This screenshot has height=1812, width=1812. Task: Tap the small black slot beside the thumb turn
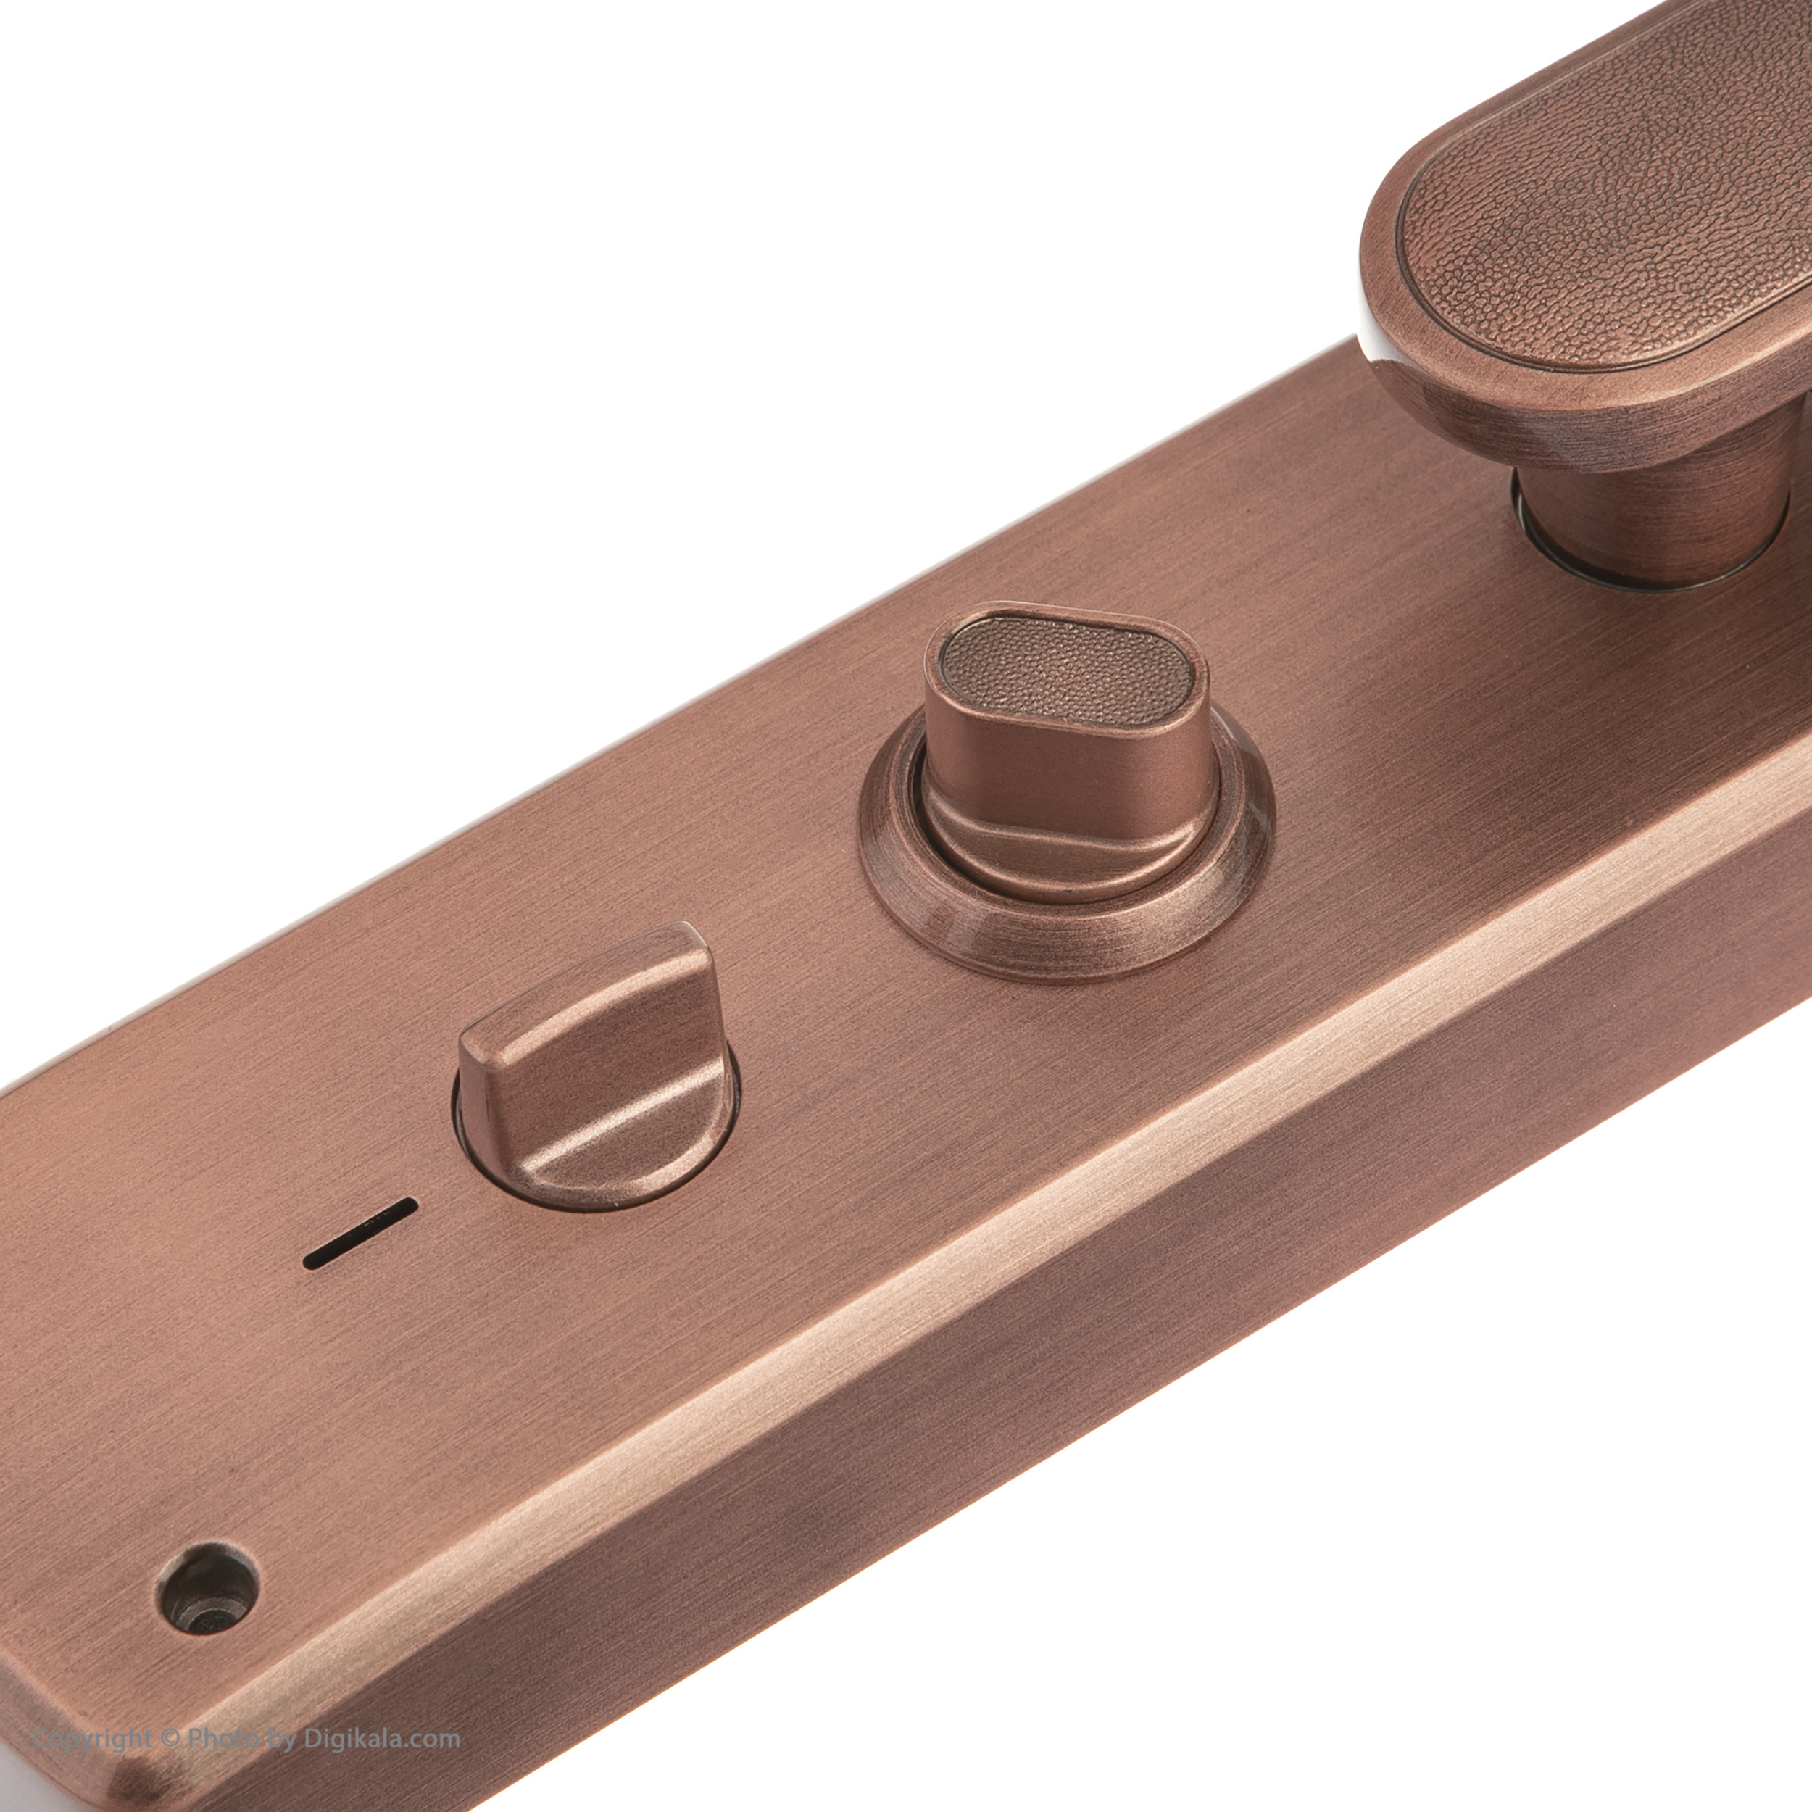coord(360,1234)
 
